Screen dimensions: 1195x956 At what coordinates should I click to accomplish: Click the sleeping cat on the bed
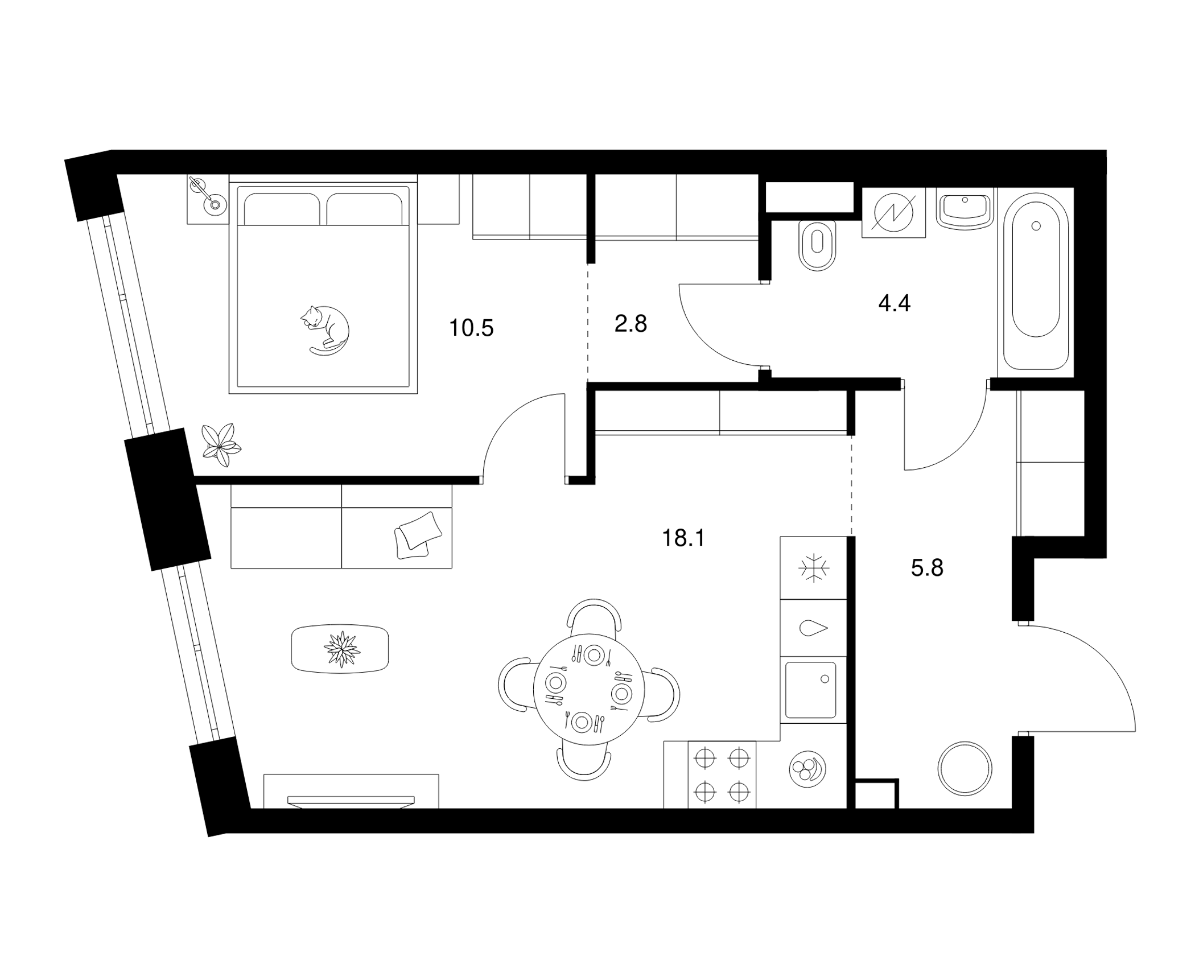[325, 331]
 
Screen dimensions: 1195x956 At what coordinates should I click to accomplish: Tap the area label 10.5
[471, 328]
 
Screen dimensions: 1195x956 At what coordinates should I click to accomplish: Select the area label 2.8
[631, 324]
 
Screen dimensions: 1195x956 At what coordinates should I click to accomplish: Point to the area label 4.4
[895, 303]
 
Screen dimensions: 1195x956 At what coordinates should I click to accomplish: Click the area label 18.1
[683, 538]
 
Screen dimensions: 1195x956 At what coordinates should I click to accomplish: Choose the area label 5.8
[927, 568]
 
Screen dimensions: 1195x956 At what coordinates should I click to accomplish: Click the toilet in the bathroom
[817, 245]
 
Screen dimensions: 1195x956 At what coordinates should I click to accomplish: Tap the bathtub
[1036, 281]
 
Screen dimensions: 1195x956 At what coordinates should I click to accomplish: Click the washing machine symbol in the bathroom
[893, 212]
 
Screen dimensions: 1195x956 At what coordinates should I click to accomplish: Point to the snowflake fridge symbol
[814, 568]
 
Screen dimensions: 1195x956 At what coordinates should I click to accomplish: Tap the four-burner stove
[722, 774]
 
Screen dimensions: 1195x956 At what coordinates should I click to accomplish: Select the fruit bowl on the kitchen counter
[807, 770]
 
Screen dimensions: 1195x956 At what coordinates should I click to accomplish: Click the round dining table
[589, 689]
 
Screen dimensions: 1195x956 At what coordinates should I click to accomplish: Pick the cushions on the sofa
[418, 535]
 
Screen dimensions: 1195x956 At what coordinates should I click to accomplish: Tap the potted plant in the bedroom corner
[221, 444]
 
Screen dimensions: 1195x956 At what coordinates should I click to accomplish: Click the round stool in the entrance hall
[965, 769]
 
